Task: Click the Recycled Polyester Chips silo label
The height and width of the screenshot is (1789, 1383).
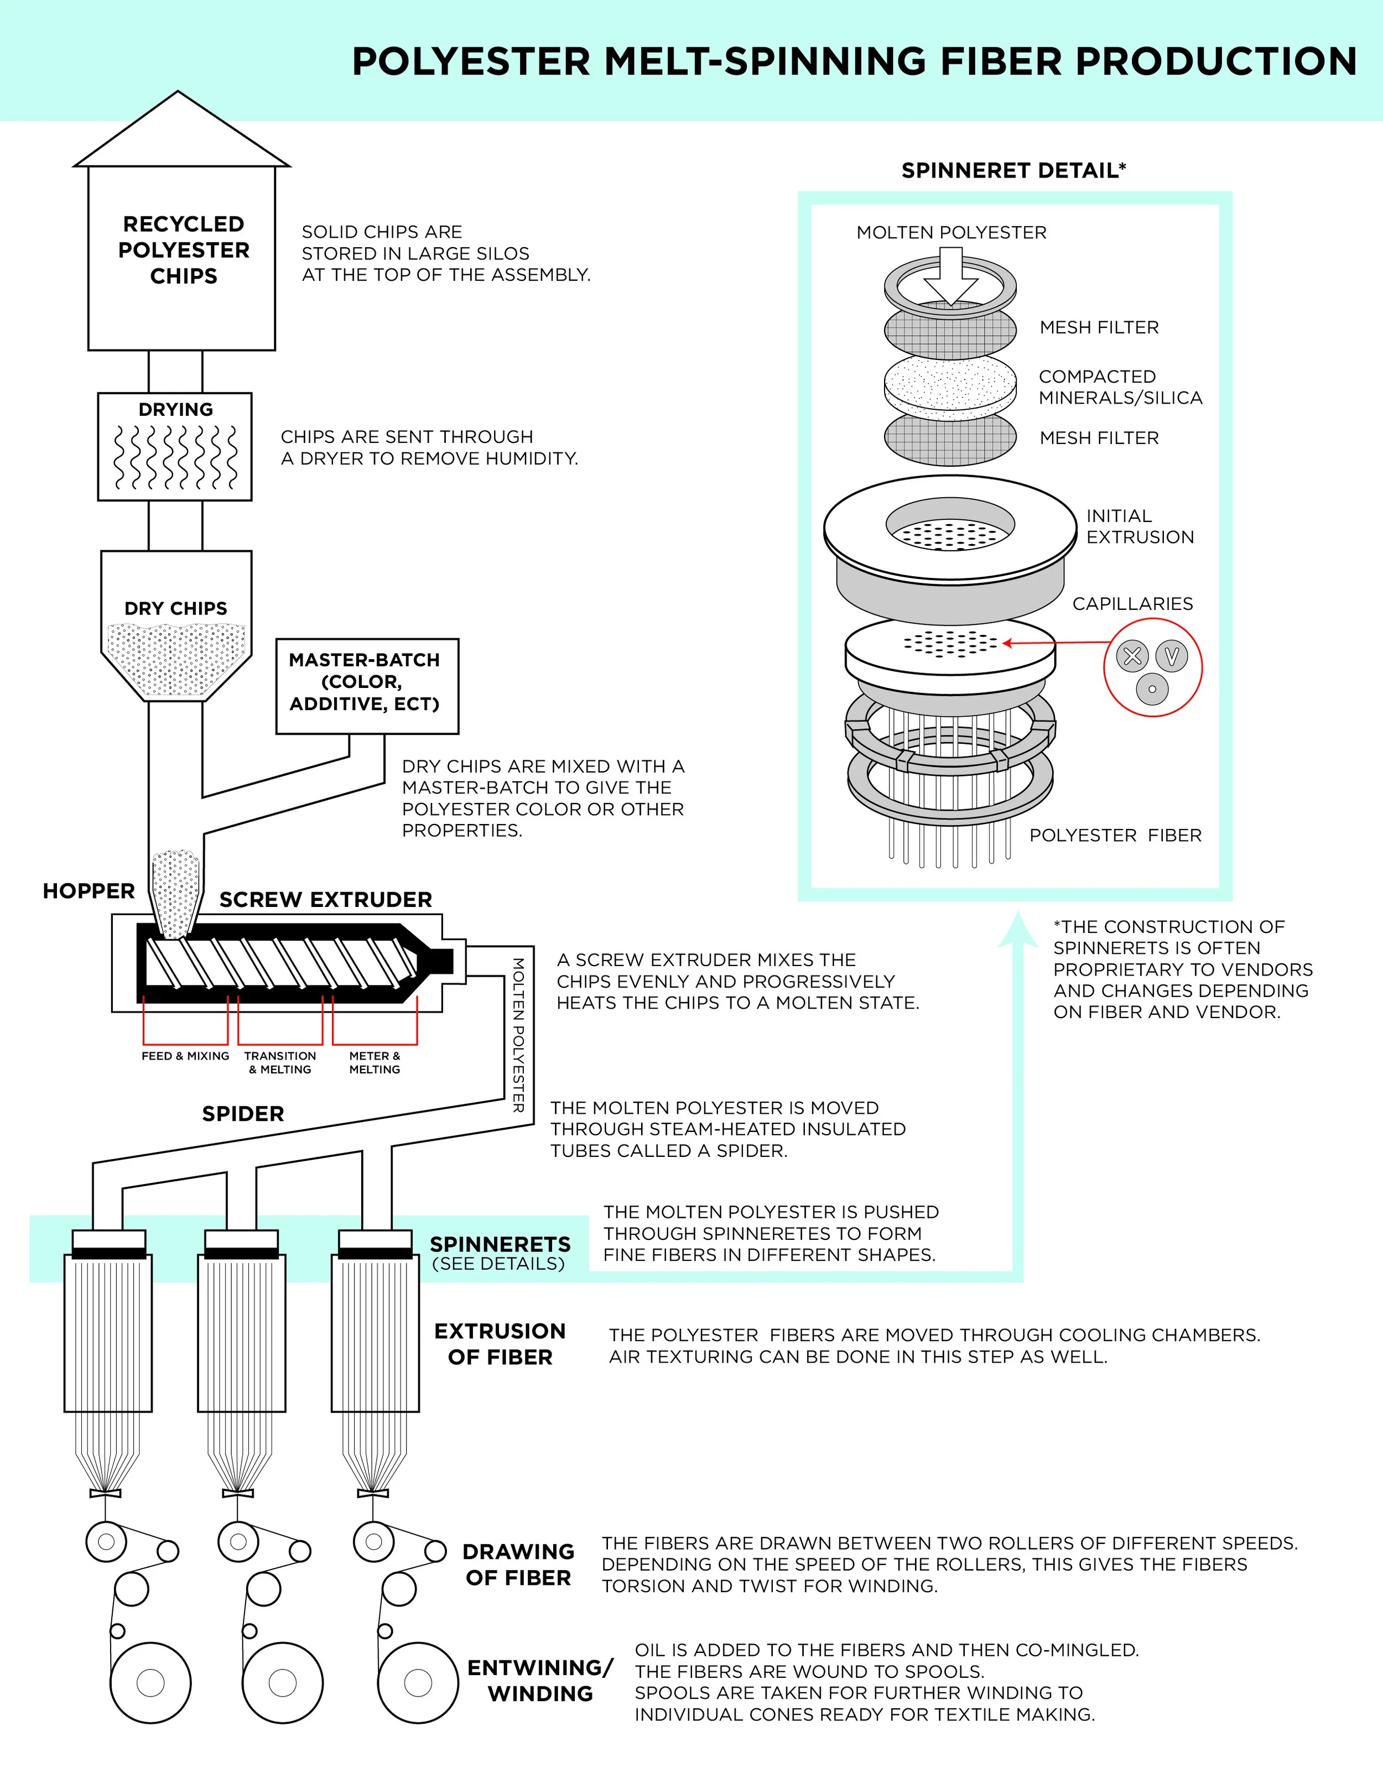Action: [x=184, y=250]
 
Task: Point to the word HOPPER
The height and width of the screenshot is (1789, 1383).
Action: [x=89, y=891]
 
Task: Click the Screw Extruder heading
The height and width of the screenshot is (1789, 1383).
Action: [x=325, y=899]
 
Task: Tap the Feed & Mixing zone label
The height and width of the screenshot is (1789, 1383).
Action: [x=185, y=1056]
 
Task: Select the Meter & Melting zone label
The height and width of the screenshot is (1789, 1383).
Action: [x=375, y=1062]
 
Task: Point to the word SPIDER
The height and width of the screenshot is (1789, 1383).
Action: [x=243, y=1114]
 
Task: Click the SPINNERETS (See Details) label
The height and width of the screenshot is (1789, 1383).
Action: [x=500, y=1253]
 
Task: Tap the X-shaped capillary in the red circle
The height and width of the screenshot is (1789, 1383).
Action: [x=1133, y=656]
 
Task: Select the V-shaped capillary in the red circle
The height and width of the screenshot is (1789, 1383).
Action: [x=1172, y=656]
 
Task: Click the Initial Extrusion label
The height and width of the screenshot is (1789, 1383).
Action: [x=1139, y=526]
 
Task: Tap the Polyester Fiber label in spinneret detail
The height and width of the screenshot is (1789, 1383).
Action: [x=1115, y=836]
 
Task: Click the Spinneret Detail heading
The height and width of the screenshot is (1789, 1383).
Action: [x=1013, y=170]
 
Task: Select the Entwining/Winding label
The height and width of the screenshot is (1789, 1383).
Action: [x=540, y=1681]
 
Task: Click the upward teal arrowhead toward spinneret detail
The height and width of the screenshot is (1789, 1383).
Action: [x=1017, y=929]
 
